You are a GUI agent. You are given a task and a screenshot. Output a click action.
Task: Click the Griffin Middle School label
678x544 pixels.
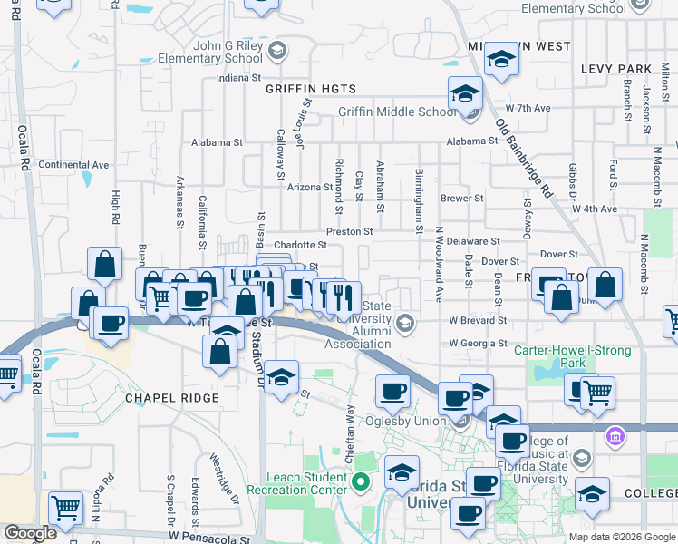coord(397,112)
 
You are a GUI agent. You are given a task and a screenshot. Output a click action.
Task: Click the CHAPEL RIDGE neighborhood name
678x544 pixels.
coord(172,398)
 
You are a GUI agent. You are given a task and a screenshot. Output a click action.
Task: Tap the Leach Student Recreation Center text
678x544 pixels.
coord(306,483)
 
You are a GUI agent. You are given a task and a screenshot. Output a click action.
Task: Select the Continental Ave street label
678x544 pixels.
coord(73,165)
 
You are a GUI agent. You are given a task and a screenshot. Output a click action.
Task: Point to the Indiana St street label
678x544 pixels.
coord(238,78)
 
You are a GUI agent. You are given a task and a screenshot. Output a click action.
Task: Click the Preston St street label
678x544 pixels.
coord(350,231)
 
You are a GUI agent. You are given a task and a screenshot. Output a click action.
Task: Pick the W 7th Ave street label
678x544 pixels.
coord(528,108)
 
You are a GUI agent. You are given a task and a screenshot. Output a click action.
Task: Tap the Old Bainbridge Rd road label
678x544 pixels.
coord(525,158)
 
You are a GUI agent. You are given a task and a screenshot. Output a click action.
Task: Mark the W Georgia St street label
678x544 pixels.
coord(478,344)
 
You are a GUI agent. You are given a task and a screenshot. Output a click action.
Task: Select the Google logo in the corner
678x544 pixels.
coord(30,533)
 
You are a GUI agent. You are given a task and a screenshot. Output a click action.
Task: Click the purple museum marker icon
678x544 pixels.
coord(615,437)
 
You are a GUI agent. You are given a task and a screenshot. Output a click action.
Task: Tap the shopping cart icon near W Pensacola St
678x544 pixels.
coord(66,509)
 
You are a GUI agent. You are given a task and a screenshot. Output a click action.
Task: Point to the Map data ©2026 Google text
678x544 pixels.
coord(622,537)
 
